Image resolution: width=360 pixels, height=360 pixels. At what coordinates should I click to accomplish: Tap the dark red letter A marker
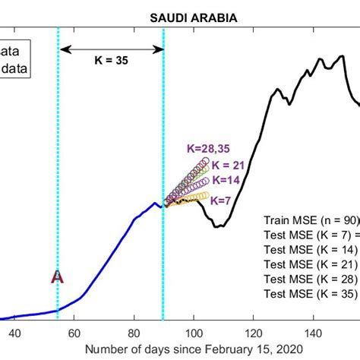(x=57, y=276)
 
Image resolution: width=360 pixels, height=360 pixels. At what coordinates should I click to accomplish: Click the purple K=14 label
(x=226, y=181)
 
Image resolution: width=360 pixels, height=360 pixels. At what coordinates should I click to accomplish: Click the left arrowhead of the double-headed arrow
(x=64, y=49)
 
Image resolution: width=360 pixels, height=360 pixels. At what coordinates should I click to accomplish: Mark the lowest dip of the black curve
(x=218, y=226)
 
